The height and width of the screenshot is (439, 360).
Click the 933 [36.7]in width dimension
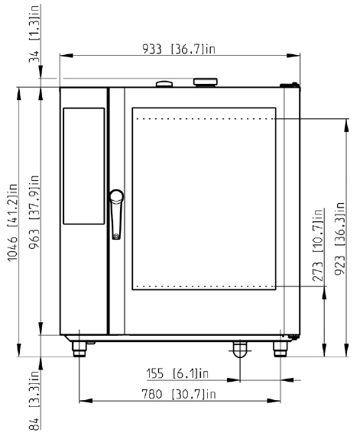point(179,50)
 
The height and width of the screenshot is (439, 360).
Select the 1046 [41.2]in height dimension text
point(13,223)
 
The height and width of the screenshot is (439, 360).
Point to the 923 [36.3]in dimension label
point(340,238)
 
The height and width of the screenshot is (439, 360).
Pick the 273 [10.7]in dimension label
point(318,245)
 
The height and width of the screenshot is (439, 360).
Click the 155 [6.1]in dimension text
point(177,373)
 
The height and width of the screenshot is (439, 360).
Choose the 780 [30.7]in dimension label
point(179,394)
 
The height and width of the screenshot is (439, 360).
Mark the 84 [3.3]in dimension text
point(34,400)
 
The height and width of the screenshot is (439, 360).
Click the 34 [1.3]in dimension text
point(34,34)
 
